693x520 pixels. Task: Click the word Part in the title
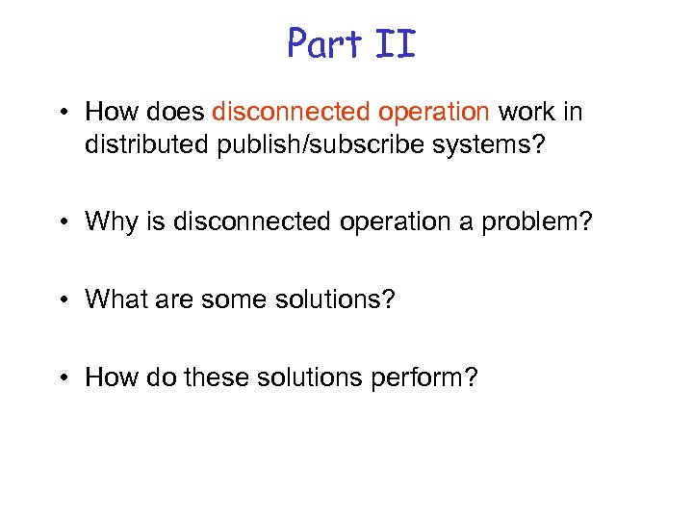pyautogui.click(x=323, y=43)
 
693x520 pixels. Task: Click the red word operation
pyautogui.click(x=433, y=112)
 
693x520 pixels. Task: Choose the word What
pyautogui.click(x=115, y=299)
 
